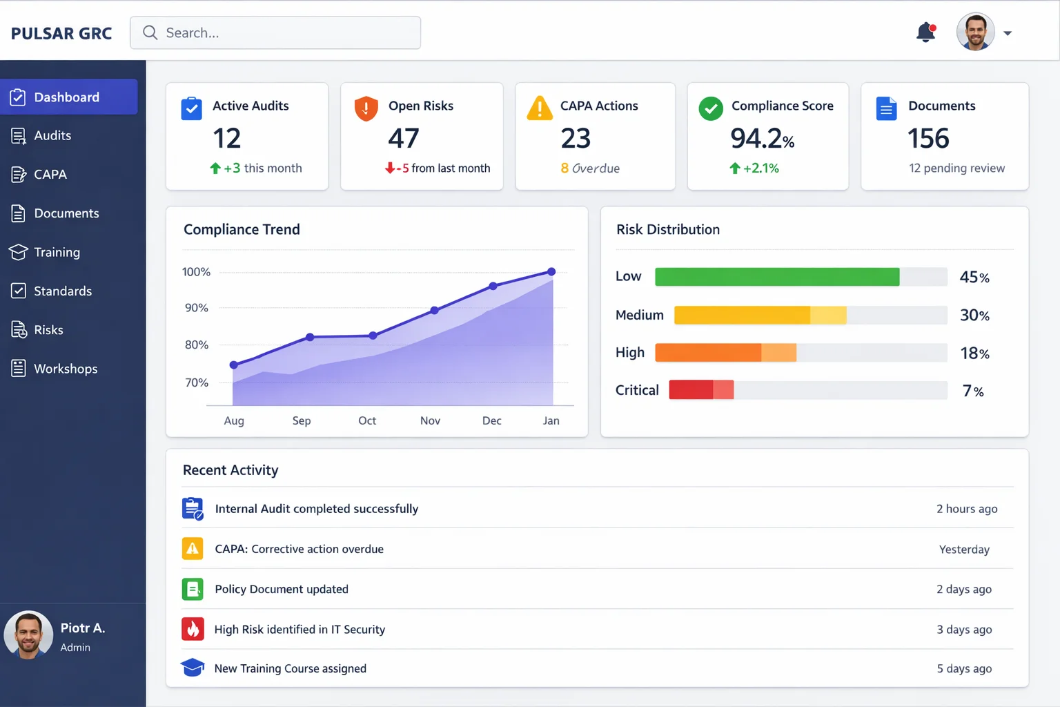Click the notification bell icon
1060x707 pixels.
[x=925, y=32]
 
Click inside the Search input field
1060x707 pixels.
[x=276, y=33]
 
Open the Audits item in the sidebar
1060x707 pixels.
[x=52, y=136]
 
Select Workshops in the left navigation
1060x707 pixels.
[x=66, y=369]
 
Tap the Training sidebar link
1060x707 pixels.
[x=57, y=253]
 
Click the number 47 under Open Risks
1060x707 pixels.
[x=404, y=139]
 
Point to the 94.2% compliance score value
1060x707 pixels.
[x=762, y=139]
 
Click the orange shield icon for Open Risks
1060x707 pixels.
[x=366, y=108]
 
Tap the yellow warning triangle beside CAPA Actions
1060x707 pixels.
[x=540, y=108]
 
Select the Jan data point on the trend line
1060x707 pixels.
[x=551, y=272]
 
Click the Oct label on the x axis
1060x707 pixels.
[x=367, y=420]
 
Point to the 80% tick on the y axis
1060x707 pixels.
[x=197, y=345]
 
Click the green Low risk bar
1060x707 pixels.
[x=776, y=277]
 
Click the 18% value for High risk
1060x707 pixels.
[x=974, y=353]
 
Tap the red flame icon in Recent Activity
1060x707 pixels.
[x=193, y=629]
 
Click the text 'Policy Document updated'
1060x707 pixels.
[x=282, y=590]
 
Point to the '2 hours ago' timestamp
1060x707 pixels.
[x=966, y=509]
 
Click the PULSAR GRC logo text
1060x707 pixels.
[x=61, y=34]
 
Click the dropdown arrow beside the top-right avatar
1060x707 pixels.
[x=1008, y=33]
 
